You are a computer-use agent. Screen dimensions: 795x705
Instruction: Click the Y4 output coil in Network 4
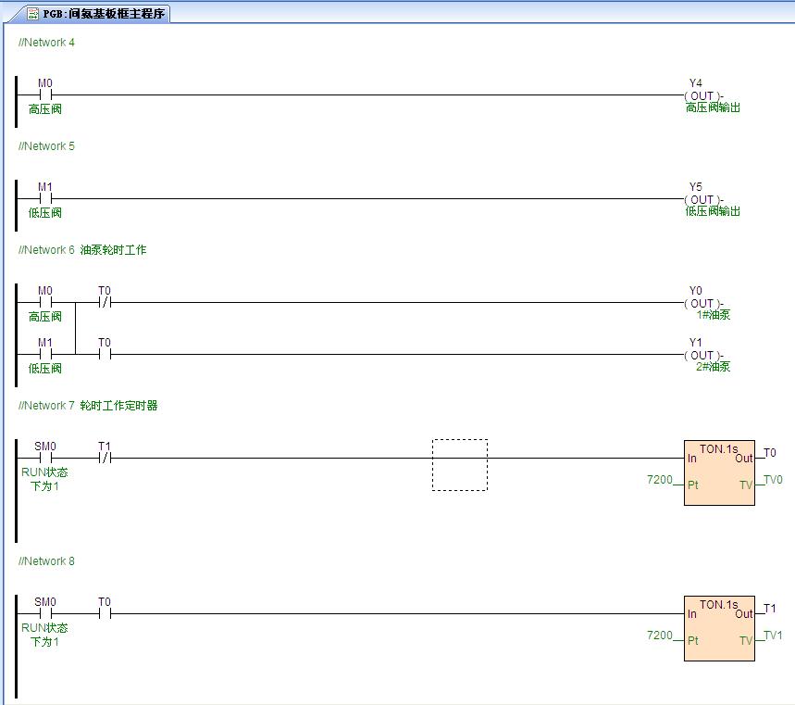coord(703,95)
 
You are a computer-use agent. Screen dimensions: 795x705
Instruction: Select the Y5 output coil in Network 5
coord(703,199)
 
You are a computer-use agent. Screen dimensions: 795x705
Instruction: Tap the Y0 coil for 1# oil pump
coord(703,303)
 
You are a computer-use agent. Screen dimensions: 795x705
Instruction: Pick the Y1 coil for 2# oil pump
coord(703,355)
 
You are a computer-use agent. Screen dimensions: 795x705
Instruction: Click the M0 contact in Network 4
coord(45,94)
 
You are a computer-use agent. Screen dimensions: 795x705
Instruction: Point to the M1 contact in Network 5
coord(45,198)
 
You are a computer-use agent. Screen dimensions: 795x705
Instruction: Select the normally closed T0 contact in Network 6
coord(105,303)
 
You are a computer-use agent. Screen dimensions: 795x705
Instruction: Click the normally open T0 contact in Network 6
coord(105,354)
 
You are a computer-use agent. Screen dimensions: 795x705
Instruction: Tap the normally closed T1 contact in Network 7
coord(105,458)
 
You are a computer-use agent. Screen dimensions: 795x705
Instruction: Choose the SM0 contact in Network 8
coord(45,613)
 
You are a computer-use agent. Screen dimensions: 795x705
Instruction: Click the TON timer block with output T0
coord(719,472)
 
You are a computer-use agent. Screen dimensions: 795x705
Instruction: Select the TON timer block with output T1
coord(719,628)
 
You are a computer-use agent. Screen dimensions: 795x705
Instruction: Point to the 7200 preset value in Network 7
coord(660,480)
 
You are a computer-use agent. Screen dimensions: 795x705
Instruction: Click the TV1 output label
coord(773,635)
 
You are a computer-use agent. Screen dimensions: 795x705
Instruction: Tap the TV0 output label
coord(773,480)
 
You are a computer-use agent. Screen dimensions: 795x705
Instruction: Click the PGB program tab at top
coord(96,14)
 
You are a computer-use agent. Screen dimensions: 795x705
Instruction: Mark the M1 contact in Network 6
coord(45,354)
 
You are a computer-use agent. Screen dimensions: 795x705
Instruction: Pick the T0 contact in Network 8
coord(105,613)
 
